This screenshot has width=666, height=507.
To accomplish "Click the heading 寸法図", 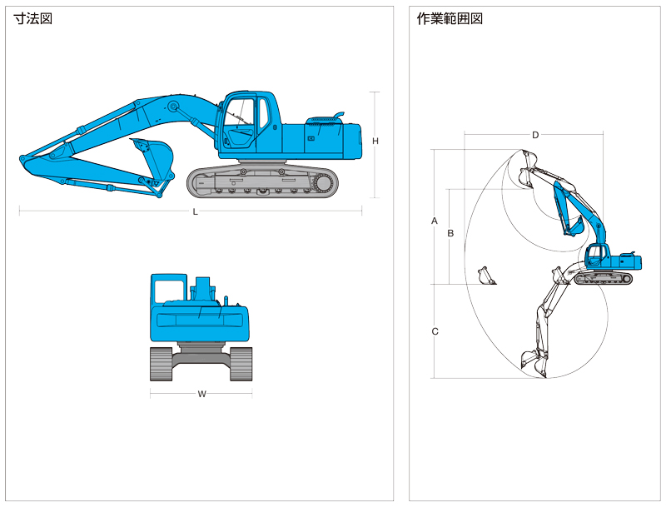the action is [x=33, y=19].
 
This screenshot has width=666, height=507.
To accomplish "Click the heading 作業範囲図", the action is [x=450, y=19].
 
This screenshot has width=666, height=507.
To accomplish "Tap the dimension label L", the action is [x=195, y=211].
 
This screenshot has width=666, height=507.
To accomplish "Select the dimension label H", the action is [x=375, y=141].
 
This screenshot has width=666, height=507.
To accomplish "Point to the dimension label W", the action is [x=201, y=394].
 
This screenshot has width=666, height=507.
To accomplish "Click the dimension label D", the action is [x=535, y=135].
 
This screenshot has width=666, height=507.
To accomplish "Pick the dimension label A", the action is [x=434, y=221].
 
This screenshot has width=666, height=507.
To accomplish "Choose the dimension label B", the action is [x=450, y=233].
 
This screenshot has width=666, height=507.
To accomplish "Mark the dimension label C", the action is [x=435, y=331].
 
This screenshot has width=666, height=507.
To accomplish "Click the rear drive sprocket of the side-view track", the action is [x=324, y=183].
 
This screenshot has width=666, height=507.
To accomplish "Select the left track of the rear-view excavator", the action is [x=161, y=364].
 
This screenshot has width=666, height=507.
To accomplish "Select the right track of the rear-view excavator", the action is [x=241, y=364].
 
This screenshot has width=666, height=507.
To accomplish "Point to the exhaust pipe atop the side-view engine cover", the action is [x=339, y=116].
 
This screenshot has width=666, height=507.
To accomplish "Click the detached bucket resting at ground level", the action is [x=486, y=276].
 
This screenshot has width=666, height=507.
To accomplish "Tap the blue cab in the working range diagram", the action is [x=596, y=256].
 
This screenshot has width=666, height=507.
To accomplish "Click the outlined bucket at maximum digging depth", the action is [x=534, y=364].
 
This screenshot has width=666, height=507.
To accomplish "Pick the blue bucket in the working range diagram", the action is [x=575, y=226].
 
